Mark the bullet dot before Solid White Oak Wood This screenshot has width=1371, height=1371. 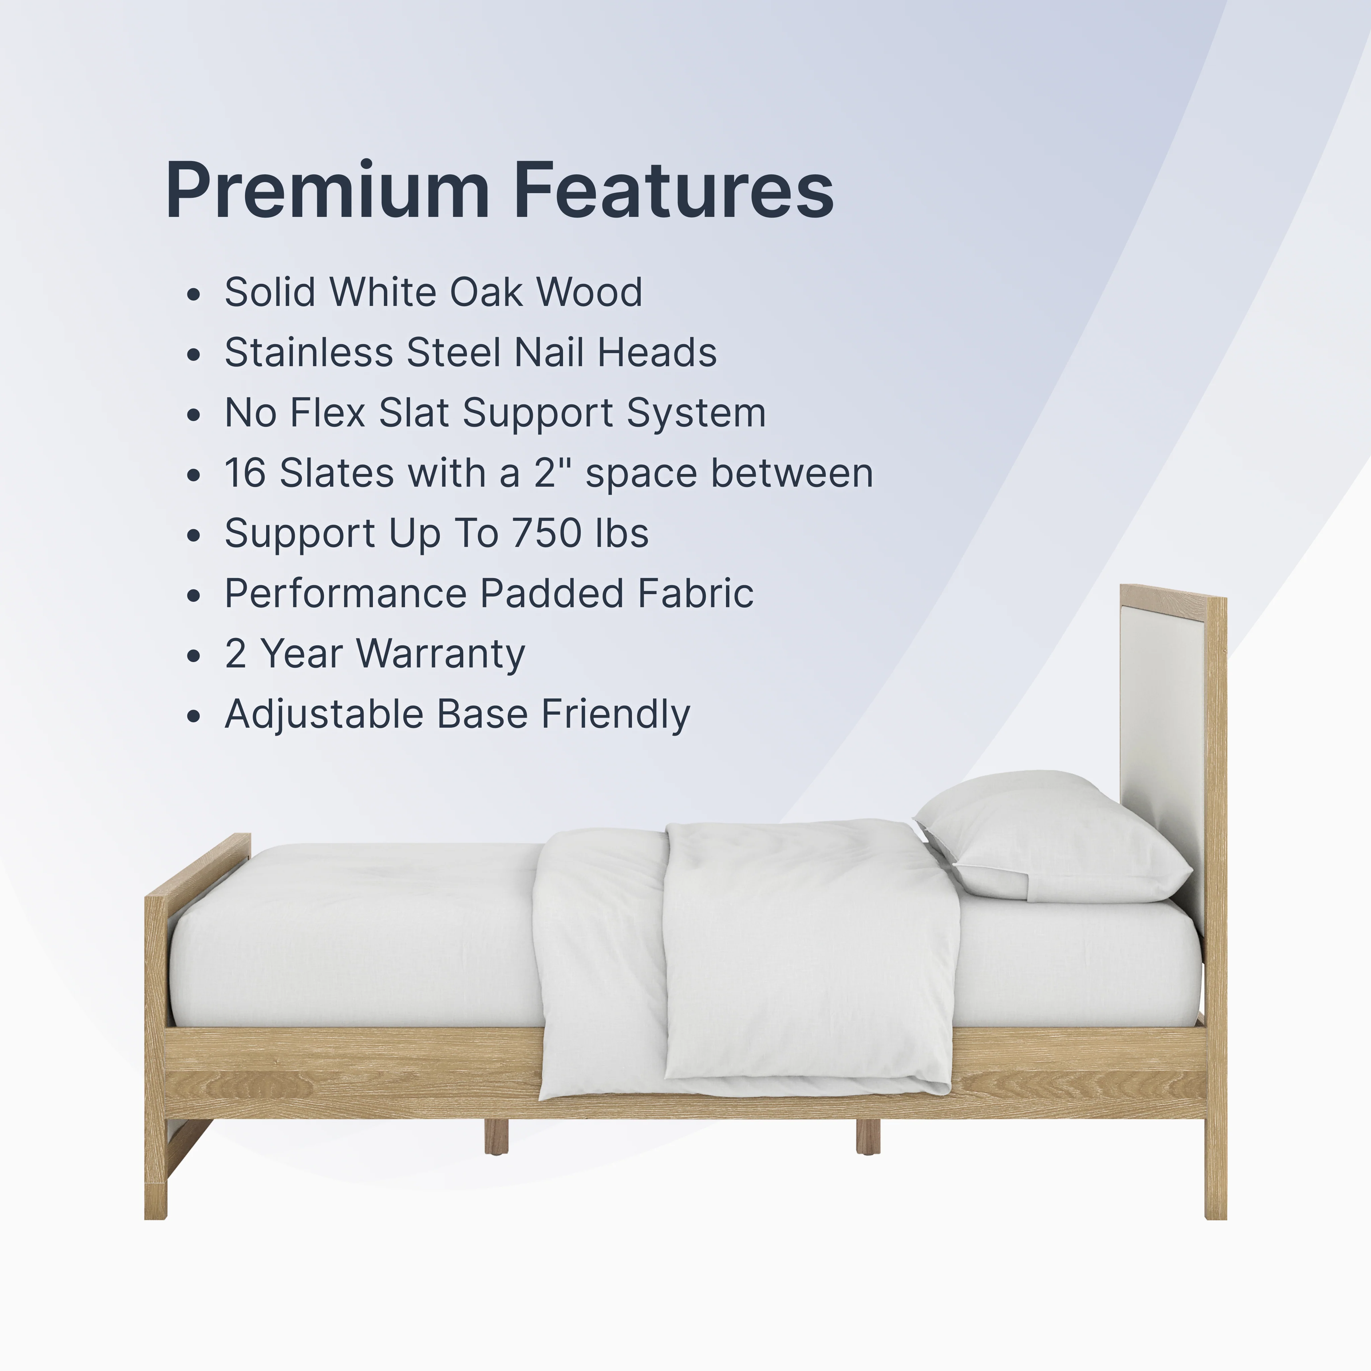(194, 295)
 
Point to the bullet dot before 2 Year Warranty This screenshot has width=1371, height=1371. (194, 656)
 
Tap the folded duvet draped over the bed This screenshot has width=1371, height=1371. (745, 958)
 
